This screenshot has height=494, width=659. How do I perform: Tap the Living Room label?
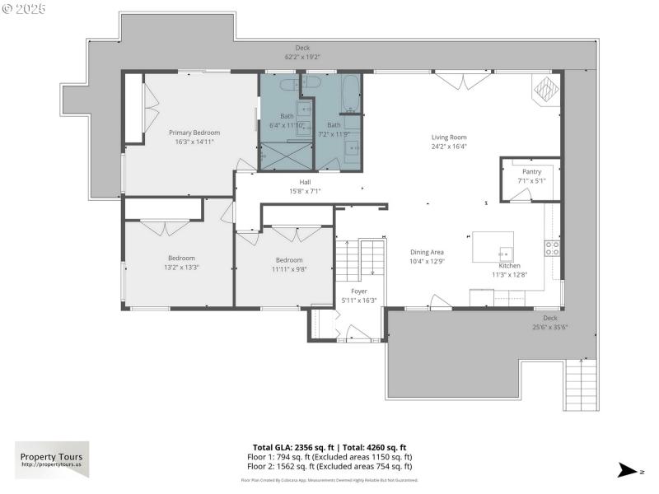point(449,137)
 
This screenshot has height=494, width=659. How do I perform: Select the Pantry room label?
point(531,171)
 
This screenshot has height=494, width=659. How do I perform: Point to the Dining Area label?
point(427,252)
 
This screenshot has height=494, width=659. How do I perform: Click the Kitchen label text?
point(509,266)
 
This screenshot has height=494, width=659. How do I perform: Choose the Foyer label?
point(359,291)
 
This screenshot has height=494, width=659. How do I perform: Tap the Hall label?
point(305,182)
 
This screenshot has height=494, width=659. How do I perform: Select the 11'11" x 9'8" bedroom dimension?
point(289,269)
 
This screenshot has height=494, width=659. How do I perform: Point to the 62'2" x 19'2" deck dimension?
point(302,57)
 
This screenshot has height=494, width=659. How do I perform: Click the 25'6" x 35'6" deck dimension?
point(549,327)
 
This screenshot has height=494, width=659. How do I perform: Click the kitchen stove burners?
point(552,247)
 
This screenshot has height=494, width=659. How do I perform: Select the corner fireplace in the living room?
point(545,88)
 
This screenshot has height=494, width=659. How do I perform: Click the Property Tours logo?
point(51,459)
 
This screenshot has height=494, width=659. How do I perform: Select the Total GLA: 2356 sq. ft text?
point(293,447)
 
